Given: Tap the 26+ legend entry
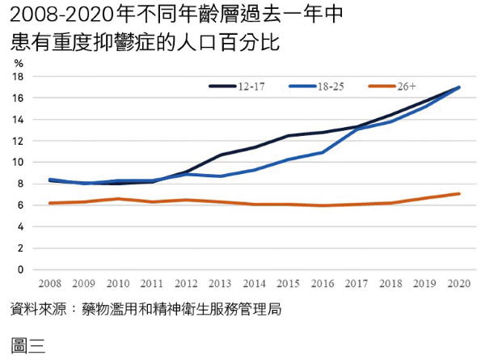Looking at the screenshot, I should coord(407,85).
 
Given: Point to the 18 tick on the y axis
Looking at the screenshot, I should coord(19,77).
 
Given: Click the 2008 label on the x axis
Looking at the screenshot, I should coord(50,285).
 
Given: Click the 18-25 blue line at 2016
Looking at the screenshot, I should coord(323,152).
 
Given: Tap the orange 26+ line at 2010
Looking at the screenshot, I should coord(119,199).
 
